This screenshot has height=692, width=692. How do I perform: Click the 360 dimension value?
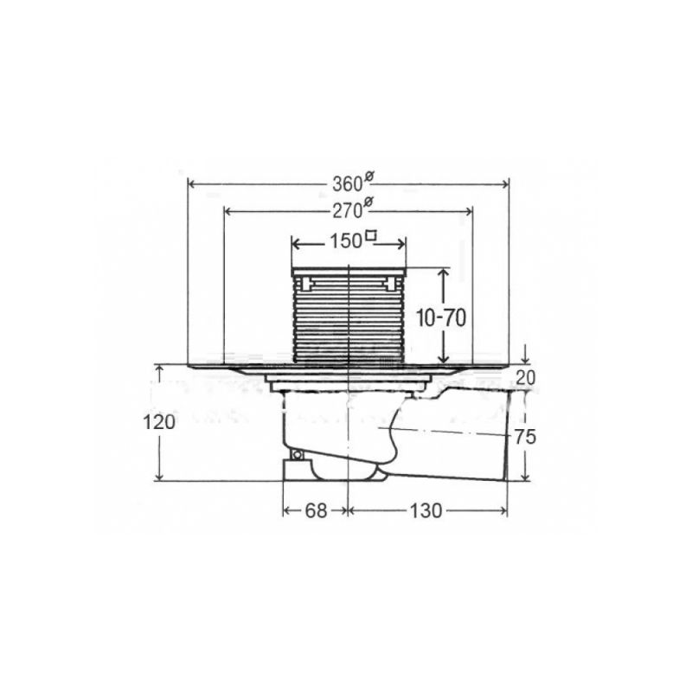[348, 183]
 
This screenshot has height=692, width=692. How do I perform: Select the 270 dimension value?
[348, 211]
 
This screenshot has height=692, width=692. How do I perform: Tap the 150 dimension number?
[346, 241]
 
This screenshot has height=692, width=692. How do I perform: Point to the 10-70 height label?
[441, 317]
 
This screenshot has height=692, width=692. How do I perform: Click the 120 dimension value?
[159, 422]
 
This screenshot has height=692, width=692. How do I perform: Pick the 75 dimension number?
[525, 437]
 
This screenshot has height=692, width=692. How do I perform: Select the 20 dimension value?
[525, 378]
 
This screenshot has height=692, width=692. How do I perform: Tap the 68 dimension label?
[316, 511]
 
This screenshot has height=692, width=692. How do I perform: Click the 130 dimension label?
[426, 511]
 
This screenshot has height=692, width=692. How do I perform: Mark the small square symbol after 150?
[372, 235]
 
